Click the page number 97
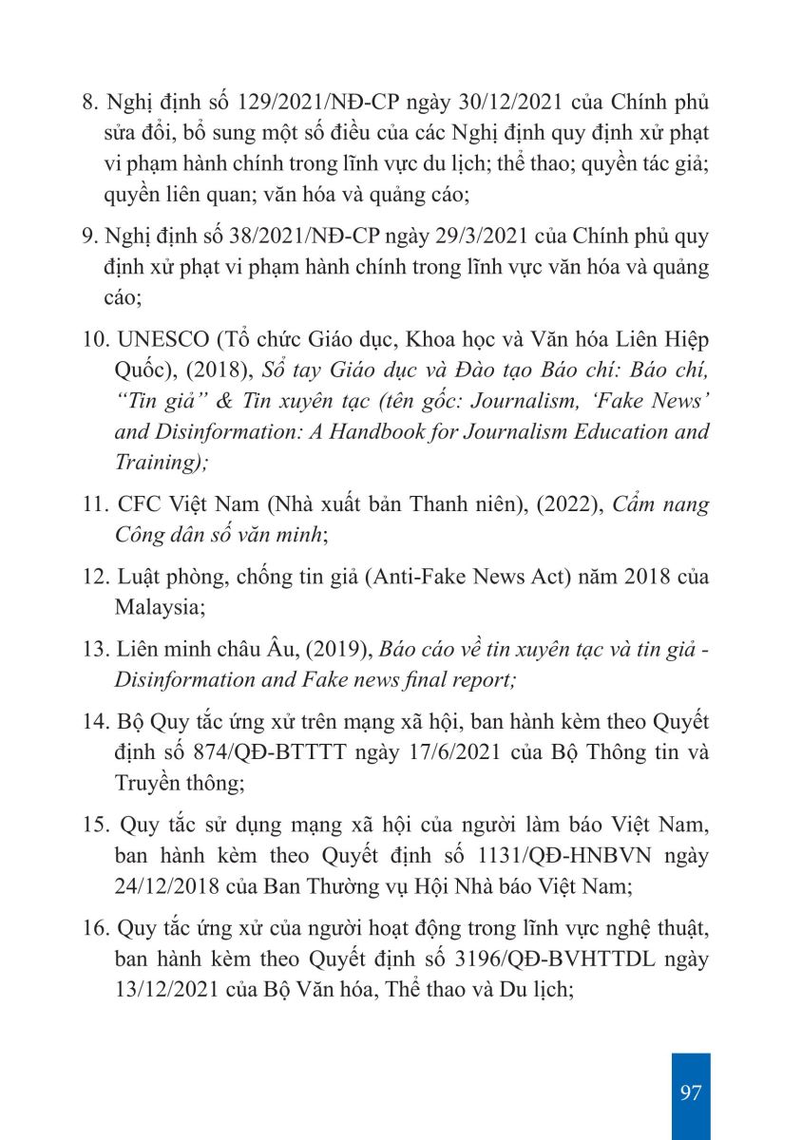pos(691,1092)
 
